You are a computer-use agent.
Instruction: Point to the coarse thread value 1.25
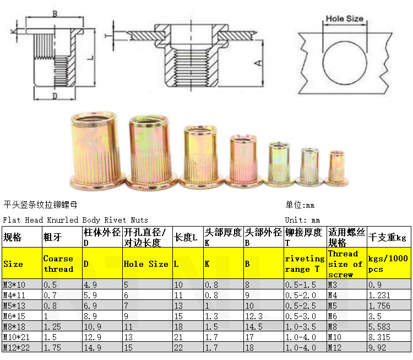52,326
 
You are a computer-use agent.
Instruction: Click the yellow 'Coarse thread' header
58,264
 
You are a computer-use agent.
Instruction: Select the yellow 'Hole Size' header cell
146,264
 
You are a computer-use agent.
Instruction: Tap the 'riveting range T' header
305,264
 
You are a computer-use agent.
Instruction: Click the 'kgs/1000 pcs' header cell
388,264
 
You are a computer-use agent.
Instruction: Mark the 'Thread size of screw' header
345,264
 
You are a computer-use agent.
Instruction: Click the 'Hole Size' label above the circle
345,19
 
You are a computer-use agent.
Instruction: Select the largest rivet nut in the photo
95,148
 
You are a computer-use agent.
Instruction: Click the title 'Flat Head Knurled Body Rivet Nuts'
75,220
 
